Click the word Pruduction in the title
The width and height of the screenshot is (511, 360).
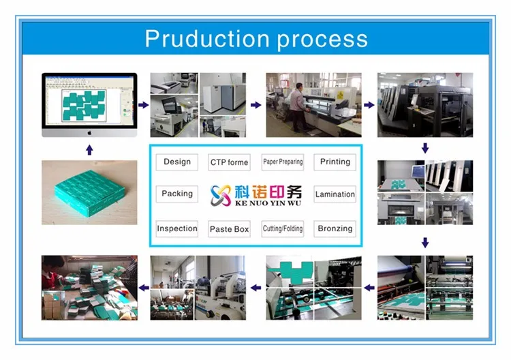(x=207, y=39)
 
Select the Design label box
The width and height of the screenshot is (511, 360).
(x=177, y=162)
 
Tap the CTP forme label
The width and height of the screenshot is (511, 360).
(x=229, y=162)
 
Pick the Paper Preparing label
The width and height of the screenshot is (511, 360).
(x=283, y=162)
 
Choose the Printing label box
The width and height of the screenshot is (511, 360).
(x=335, y=162)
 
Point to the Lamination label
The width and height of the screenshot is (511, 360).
(x=335, y=194)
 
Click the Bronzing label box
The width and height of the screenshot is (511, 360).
(x=335, y=228)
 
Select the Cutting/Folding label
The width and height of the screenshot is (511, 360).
(x=283, y=228)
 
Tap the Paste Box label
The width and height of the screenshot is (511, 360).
(x=229, y=228)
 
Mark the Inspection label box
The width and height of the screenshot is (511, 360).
(x=177, y=228)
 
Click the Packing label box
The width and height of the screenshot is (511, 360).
(x=177, y=194)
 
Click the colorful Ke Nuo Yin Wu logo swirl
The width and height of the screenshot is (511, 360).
(x=221, y=195)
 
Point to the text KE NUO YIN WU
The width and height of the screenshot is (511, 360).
(x=268, y=203)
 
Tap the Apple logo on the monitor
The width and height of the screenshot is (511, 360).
(x=90, y=133)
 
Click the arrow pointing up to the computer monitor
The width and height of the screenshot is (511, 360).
(x=90, y=150)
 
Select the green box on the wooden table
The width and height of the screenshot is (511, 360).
(x=90, y=192)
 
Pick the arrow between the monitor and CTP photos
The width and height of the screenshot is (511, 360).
(x=143, y=105)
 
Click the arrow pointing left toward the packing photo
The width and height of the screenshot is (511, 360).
(x=144, y=288)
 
